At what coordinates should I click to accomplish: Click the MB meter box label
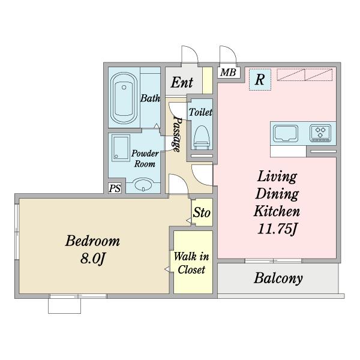coord(228,73)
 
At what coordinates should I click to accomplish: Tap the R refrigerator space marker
coord(260,79)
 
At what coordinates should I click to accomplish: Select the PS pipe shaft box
coord(115,188)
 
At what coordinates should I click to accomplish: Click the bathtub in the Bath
coord(124,98)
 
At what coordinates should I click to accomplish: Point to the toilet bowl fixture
coord(202,137)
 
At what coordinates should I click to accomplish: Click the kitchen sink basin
coord(286,133)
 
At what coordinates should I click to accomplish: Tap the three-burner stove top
coord(320,133)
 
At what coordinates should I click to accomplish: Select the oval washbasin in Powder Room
coord(144,185)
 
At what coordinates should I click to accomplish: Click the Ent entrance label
coord(182,82)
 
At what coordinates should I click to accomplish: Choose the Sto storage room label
coord(202,212)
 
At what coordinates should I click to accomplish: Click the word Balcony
coord(278,278)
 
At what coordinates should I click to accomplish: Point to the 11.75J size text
coord(277,229)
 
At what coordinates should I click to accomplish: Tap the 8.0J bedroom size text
coord(92,259)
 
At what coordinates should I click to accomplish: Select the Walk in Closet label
coord(191,263)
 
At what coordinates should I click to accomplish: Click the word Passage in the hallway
coord(178,135)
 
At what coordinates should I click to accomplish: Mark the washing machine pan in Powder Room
coord(121,148)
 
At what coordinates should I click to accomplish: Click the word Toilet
coord(200,112)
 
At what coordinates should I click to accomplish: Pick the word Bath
coord(150,98)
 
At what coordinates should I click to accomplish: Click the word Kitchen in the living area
coord(277,211)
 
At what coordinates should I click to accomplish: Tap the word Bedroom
coord(92,241)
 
